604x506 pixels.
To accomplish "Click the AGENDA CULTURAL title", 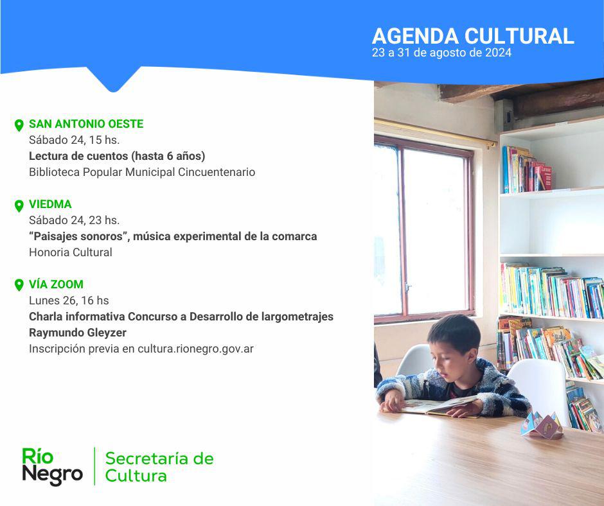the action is (473, 36).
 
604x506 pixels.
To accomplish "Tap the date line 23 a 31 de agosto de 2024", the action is (441, 53).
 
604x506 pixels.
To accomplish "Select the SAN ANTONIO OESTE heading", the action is (86, 124).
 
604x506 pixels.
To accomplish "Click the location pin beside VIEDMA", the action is (19, 206).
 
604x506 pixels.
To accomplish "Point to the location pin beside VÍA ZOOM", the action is (19, 285).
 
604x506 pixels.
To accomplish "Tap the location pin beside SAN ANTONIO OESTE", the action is (19, 126).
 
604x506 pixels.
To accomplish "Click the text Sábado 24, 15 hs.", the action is (75, 140).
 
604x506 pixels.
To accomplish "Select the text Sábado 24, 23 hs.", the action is (75, 220).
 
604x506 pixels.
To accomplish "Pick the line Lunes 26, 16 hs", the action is (69, 301).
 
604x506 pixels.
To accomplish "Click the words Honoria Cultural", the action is (71, 252).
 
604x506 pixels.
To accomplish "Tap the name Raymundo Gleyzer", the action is (78, 333).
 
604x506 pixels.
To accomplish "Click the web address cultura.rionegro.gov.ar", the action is (196, 349).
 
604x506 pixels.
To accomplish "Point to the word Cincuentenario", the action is (217, 172).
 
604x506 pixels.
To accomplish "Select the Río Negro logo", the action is (53, 466).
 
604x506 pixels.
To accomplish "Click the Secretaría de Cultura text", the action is (159, 467).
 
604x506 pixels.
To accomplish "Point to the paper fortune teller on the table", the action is (541, 425).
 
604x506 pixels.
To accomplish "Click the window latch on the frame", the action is (408, 287).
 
